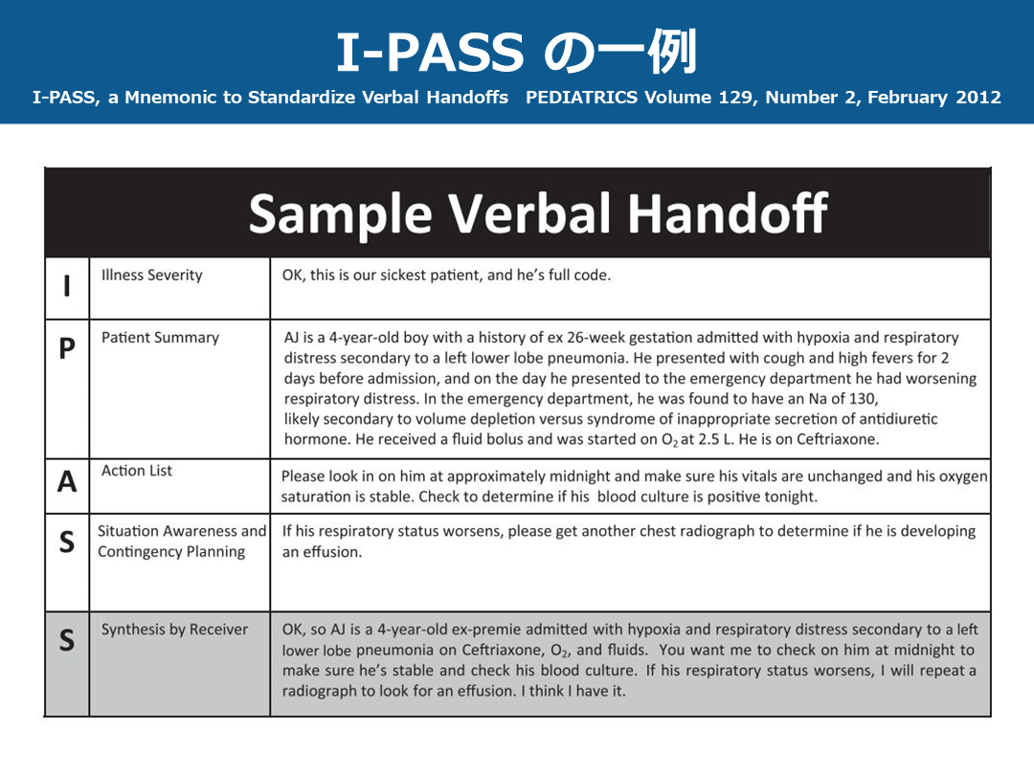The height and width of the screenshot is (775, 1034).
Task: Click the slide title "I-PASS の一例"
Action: (x=516, y=53)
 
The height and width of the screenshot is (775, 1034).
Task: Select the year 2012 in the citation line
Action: (x=978, y=98)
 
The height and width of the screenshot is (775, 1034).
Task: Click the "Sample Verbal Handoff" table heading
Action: (x=538, y=213)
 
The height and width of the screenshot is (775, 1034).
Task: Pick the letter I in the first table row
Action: (x=66, y=287)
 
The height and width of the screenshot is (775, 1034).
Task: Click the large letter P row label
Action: (x=66, y=349)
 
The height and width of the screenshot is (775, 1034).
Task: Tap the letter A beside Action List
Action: (x=66, y=482)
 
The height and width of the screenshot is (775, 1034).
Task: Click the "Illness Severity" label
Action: (x=151, y=276)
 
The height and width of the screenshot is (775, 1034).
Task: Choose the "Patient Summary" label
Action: (x=160, y=338)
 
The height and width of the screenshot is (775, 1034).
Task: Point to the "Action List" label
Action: (x=137, y=471)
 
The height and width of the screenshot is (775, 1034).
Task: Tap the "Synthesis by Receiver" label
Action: (x=174, y=630)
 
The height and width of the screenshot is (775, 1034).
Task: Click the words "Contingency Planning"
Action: (x=171, y=552)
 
